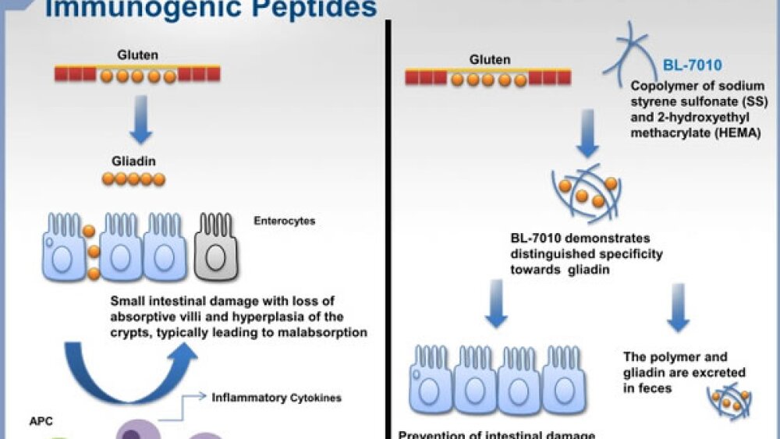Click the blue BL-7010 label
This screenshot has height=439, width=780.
(x=692, y=65)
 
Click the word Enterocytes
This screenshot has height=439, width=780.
(x=285, y=221)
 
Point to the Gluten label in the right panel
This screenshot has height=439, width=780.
(x=490, y=59)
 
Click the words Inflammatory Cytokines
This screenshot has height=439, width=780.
(x=276, y=397)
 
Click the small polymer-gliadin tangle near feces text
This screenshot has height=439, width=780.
(x=729, y=399)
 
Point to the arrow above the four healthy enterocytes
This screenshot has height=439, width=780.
(x=496, y=306)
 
